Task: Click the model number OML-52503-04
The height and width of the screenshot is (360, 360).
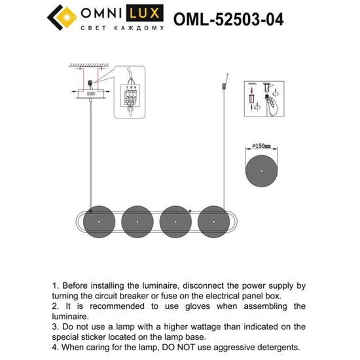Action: pos(228,19)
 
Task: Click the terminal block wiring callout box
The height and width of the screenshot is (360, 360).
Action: pos(132,96)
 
